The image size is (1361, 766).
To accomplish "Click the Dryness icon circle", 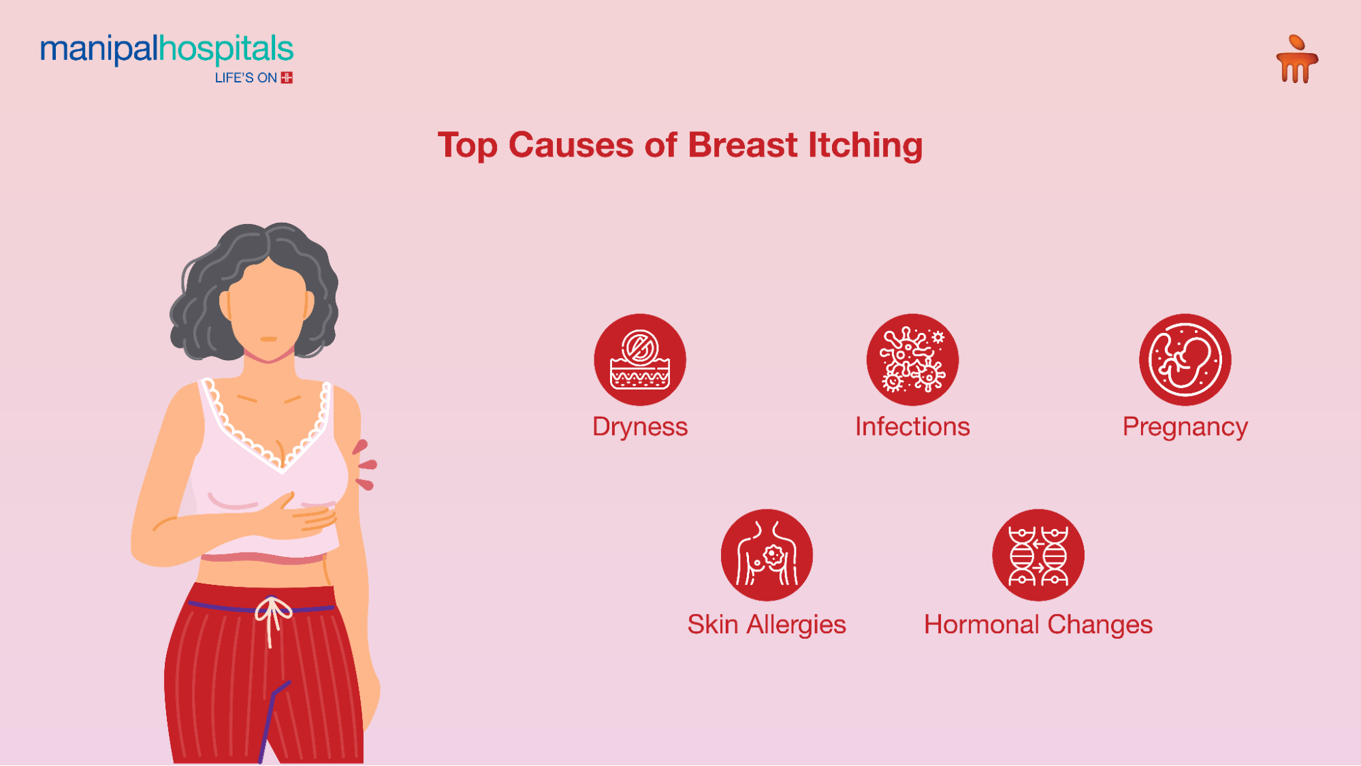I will pos(639,360).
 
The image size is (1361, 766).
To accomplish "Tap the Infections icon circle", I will pos(912,360).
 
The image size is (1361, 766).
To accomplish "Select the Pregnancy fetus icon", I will pos(1185,360).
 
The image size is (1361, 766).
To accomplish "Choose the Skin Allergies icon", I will pos(767,555).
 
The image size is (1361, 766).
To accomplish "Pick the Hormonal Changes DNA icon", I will pos(1038,555).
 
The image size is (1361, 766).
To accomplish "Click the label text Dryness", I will pos(639,427).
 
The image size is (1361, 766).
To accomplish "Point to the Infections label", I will pos(912,427).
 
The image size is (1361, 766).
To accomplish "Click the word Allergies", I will pos(796,625).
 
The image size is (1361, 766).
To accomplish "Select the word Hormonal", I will pos(981,624).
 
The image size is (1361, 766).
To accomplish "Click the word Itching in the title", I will pos(865,145).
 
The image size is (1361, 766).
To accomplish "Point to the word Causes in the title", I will pos(571,145).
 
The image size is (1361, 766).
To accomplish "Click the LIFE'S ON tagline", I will pos(246,78).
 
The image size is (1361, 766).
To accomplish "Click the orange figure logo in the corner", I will pos(1296,60).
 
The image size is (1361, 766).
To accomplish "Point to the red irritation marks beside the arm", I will pos(365,466).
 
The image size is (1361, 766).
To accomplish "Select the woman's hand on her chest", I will pos(300,514).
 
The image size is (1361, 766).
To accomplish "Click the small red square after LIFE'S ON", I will pos(287,78).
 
